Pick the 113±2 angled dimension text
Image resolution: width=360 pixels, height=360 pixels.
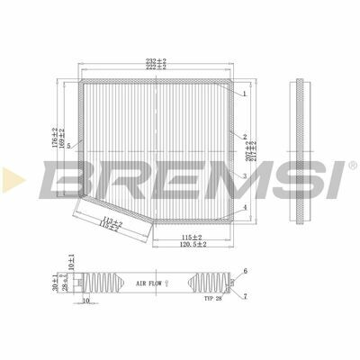(x=112, y=220)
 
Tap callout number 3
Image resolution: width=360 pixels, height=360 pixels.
(x=244, y=176)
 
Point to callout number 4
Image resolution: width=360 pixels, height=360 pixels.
(x=244, y=208)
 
